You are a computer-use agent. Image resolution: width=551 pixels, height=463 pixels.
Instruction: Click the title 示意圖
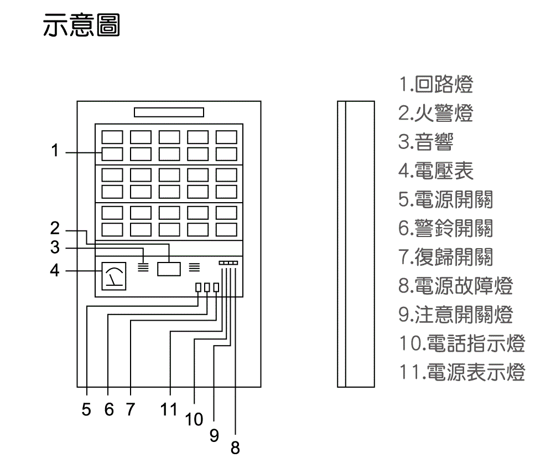coord(81,25)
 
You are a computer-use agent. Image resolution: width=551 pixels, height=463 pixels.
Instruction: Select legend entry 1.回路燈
coord(436,85)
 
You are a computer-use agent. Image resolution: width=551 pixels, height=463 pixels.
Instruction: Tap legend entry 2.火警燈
coord(436,114)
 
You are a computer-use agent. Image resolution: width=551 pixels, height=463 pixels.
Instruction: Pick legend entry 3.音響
coord(425,142)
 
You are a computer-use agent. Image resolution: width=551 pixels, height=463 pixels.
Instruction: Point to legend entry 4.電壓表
coord(436,171)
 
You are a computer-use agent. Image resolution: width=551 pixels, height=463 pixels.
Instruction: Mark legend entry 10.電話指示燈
coord(461,344)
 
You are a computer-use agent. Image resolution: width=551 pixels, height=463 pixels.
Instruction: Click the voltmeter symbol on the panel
coord(114,276)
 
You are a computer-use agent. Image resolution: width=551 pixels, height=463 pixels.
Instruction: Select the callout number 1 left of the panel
coord(54,151)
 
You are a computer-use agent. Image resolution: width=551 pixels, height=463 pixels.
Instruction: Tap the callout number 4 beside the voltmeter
coord(54,271)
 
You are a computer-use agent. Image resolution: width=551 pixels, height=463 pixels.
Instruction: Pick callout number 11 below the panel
coord(169,410)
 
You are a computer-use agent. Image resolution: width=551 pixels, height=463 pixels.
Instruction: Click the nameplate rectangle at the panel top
coord(169,112)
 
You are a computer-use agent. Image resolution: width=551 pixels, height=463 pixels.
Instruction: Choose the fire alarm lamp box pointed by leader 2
coord(169,269)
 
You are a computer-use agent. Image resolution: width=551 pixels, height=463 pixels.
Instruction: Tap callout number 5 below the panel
coord(86,410)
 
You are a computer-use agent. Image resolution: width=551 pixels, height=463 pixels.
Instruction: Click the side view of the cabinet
coord(356,244)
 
